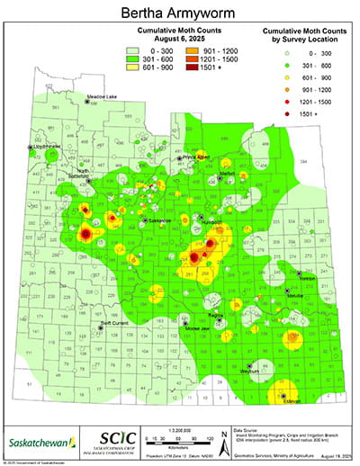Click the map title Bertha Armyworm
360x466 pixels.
click(179, 13)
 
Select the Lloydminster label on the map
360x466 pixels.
click(47, 145)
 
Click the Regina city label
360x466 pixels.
click(213, 316)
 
